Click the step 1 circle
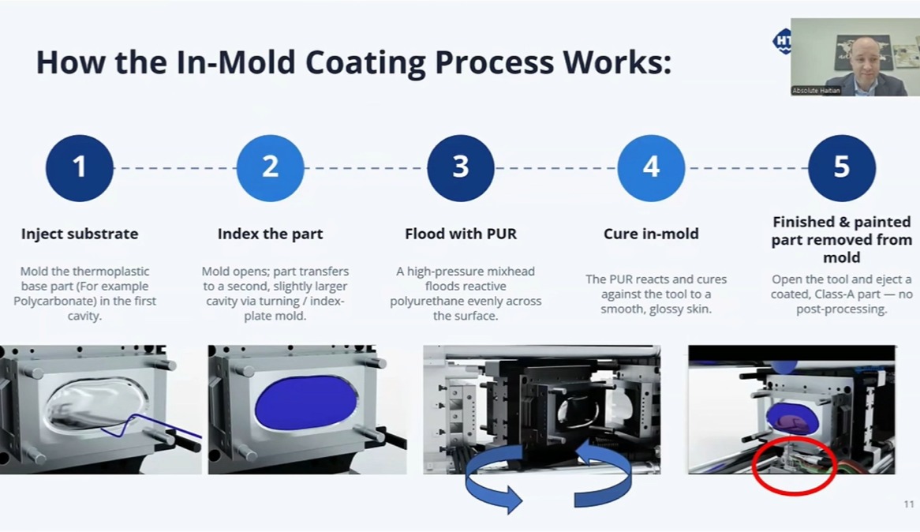79,168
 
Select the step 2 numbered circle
270,168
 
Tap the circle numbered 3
461,168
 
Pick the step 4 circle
651,168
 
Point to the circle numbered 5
842,168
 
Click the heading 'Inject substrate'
80,234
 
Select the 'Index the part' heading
270,234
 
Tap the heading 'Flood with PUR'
461,234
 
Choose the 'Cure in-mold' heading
651,234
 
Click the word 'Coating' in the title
365,62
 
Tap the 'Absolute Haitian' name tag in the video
816,91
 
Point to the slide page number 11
909,504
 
